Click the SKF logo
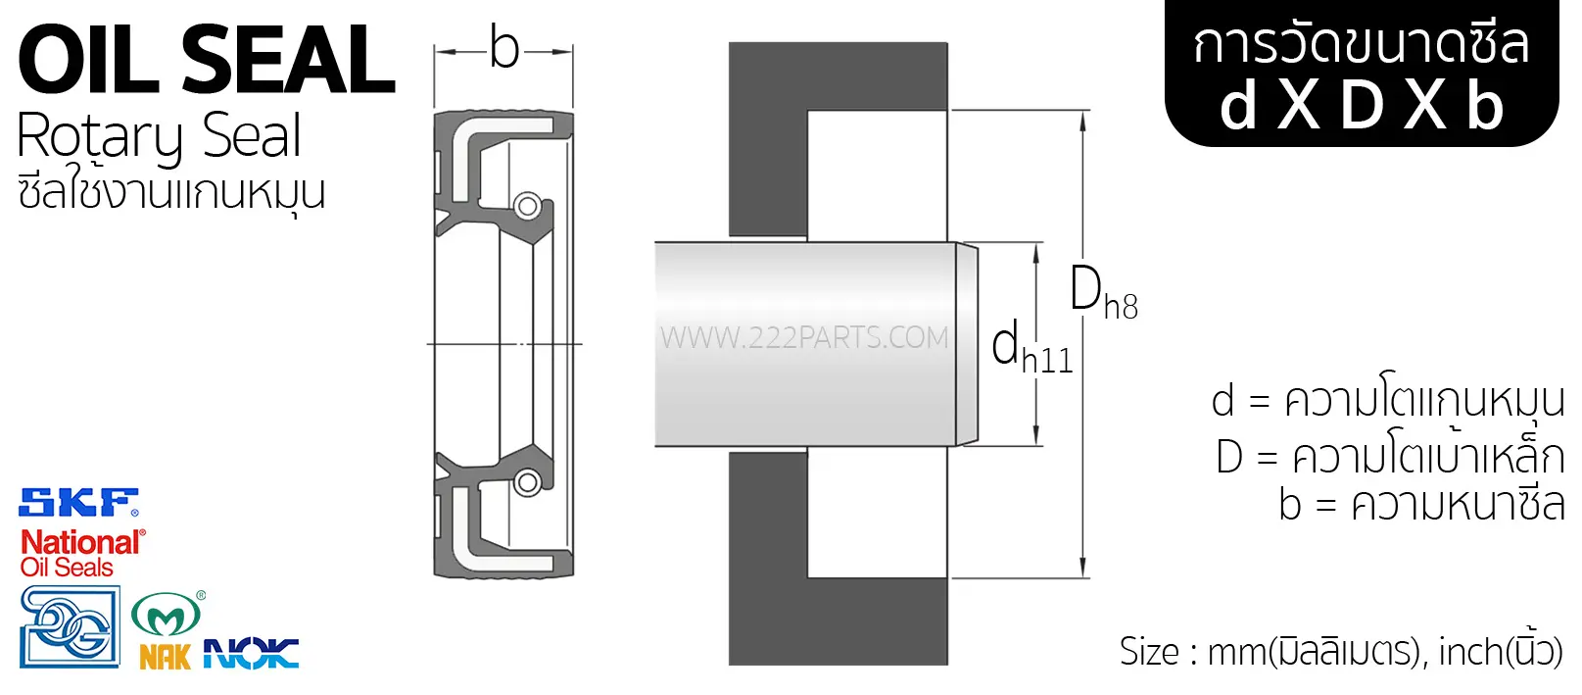(78, 502)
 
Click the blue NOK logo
(251, 653)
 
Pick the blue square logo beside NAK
(70, 626)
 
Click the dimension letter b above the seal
(504, 49)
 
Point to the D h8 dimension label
(1103, 291)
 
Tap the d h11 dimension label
(1031, 347)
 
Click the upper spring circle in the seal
(527, 206)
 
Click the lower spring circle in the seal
(527, 483)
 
